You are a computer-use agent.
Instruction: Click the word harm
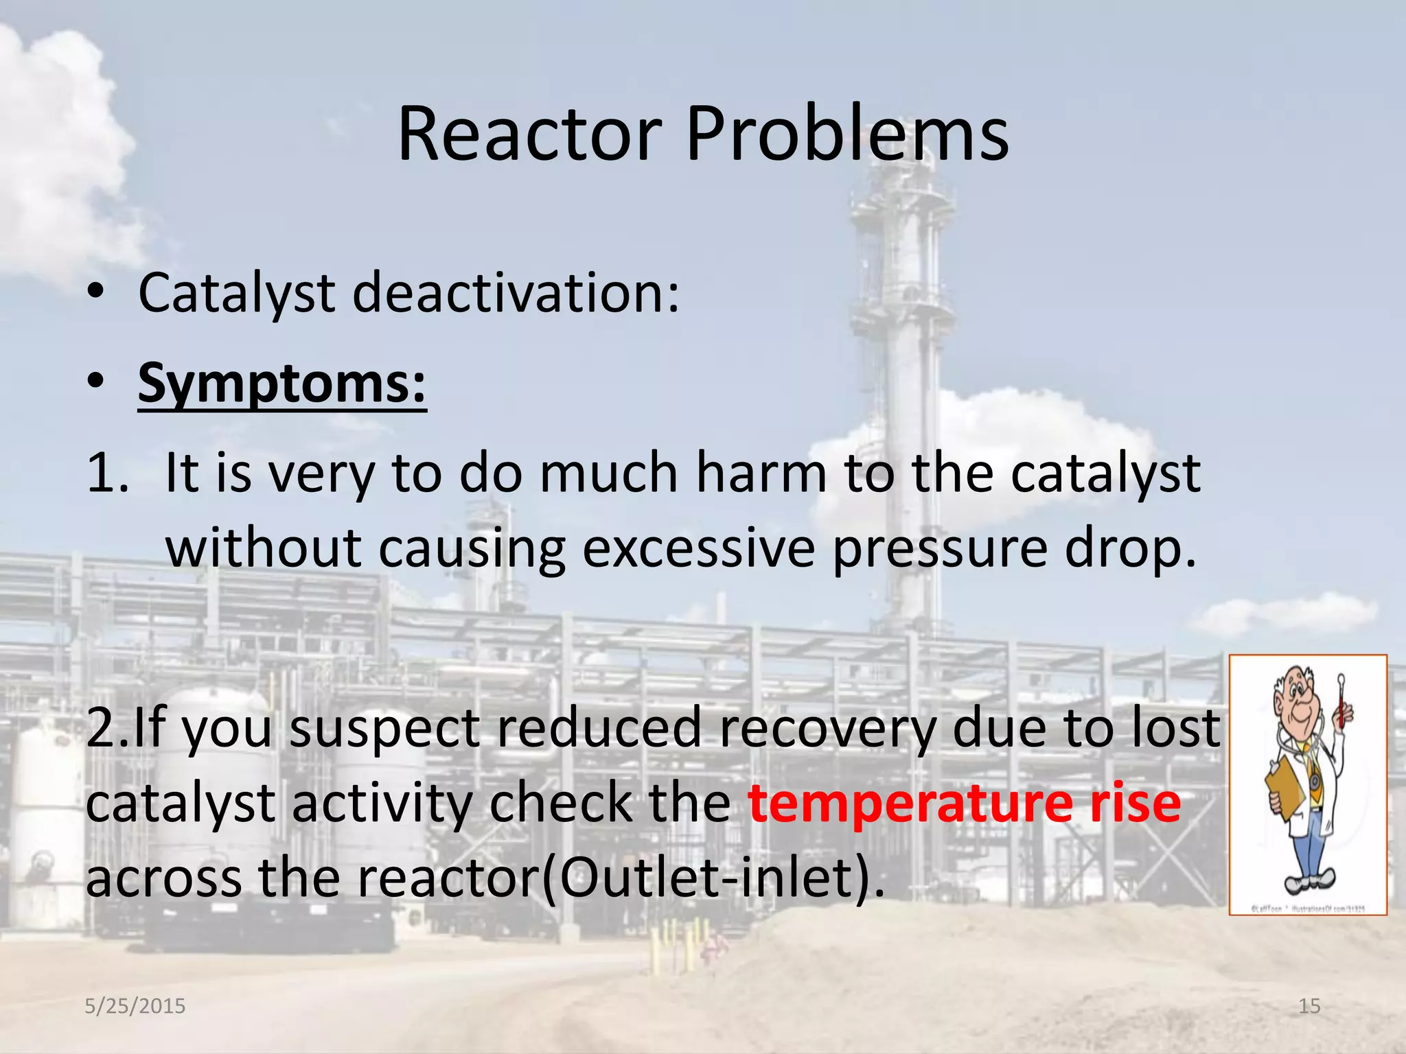tap(761, 473)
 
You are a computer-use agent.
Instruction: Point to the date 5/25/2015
tap(135, 1006)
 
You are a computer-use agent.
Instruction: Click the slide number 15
tap(1309, 1006)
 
